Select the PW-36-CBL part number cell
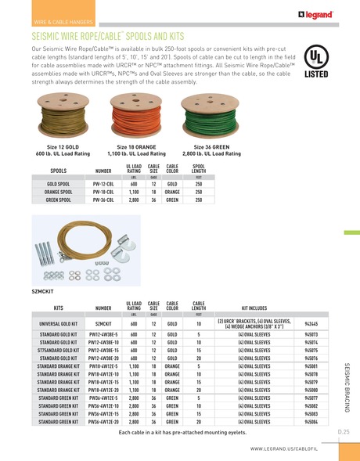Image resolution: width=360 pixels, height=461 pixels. (103, 200)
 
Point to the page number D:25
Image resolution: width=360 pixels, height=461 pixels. (343, 431)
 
